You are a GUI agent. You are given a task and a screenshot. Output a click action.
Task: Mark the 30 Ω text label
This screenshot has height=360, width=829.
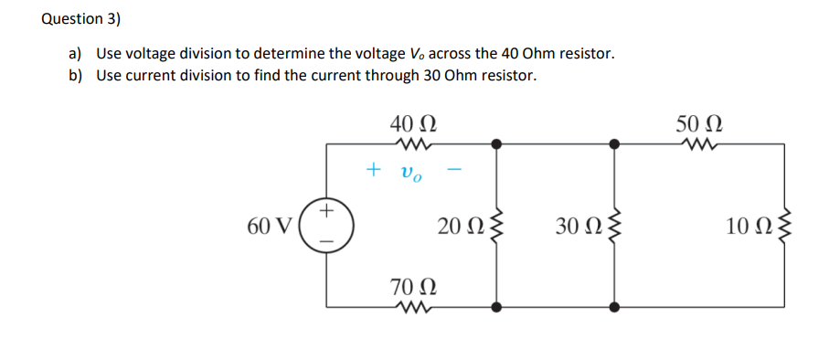[578, 225]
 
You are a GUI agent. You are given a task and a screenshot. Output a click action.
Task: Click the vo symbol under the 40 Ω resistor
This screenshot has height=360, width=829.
[411, 171]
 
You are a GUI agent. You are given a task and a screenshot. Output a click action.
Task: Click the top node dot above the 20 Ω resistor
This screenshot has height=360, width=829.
[496, 143]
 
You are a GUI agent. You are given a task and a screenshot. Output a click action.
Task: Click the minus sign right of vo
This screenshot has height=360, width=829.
[456, 170]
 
